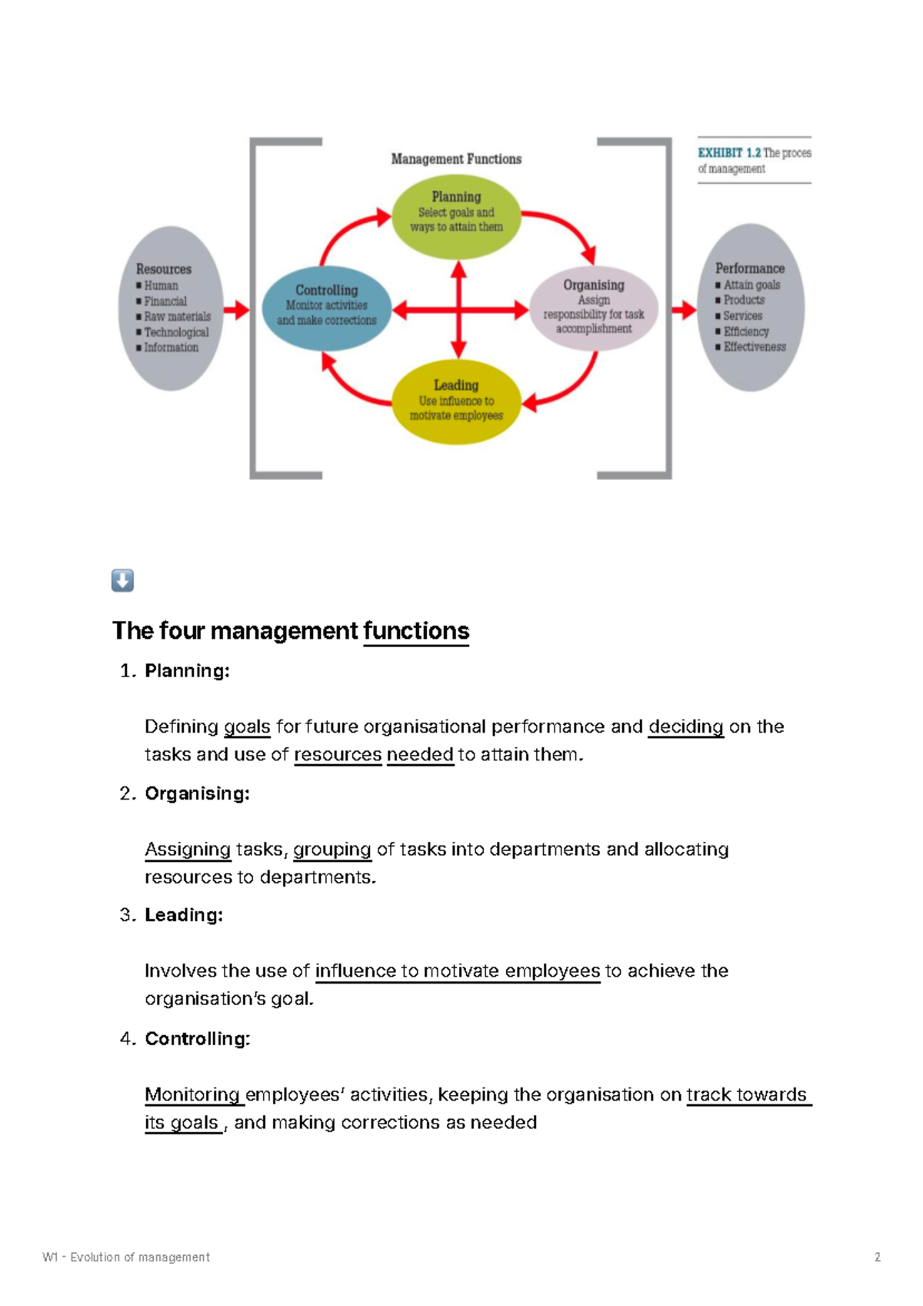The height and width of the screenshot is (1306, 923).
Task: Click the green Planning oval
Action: (456, 216)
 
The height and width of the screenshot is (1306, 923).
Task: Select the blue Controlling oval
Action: (327, 308)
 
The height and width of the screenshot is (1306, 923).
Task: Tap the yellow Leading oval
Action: (456, 404)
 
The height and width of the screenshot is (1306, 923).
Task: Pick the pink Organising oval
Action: (594, 309)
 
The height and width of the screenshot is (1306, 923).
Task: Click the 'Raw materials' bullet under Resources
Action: (177, 316)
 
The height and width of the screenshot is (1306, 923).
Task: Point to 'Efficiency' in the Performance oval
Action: (745, 332)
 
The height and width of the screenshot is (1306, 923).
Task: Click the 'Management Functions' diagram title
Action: (456, 159)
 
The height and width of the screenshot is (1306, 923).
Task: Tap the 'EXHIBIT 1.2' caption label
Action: (728, 153)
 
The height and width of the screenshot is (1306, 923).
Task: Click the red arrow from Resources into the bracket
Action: (236, 310)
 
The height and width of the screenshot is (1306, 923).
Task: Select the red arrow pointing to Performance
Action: (683, 310)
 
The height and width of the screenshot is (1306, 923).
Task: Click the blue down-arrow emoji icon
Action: (122, 580)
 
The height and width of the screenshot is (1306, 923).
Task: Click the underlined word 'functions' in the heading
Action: (416, 631)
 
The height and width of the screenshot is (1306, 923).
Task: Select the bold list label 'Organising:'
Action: (197, 793)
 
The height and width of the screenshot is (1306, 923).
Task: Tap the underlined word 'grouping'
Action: (332, 849)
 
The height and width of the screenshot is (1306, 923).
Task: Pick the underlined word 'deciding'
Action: (685, 726)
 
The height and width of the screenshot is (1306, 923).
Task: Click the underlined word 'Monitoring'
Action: (192, 1094)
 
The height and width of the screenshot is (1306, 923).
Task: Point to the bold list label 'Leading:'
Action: (184, 915)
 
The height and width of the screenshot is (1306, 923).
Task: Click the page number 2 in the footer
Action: (878, 1257)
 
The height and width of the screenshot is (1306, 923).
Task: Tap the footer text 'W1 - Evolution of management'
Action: (126, 1257)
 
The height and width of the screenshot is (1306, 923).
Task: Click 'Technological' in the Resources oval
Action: (176, 332)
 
